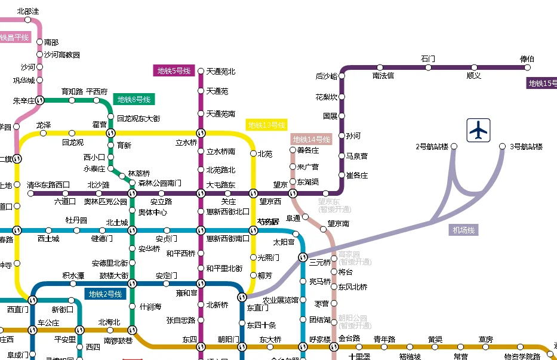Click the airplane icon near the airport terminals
tap(478, 130)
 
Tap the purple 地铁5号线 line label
tap(174, 71)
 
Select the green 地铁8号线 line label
tap(134, 99)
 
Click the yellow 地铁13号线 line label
tap(266, 125)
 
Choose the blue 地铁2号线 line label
tap(105, 294)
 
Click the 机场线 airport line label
tap(464, 230)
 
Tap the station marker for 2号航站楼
tap(454, 146)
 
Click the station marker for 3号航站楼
tap(503, 146)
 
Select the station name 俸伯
tap(527, 59)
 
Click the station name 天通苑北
tap(221, 72)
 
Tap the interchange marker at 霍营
tap(110, 133)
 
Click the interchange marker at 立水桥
tap(201, 133)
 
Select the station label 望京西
tap(270, 202)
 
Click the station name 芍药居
tap(268, 221)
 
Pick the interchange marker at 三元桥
tap(301, 257)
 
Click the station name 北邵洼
tap(27, 11)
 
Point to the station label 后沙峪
tap(327, 76)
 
